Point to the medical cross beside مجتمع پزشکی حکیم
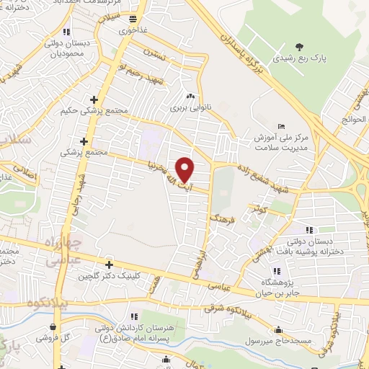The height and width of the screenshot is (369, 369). (94, 99)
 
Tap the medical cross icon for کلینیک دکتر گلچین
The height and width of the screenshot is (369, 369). (109, 264)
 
